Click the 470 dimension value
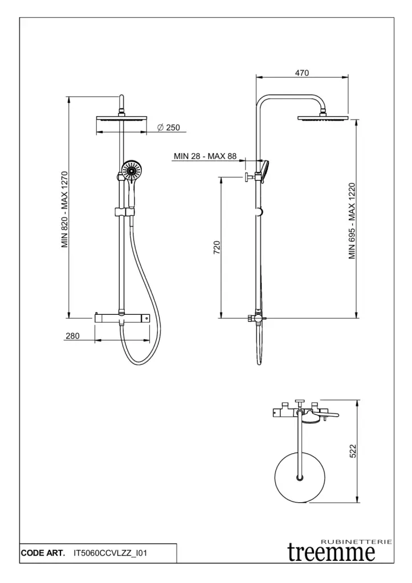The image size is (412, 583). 301,72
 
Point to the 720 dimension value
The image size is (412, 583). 217,248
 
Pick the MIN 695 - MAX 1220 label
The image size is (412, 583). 352,221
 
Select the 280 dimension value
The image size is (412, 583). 72,336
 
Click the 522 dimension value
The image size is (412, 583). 353,451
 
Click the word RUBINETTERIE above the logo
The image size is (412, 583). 357,541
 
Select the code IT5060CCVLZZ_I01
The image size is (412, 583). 111,553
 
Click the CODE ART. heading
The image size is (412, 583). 42,553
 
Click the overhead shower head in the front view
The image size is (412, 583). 121,119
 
